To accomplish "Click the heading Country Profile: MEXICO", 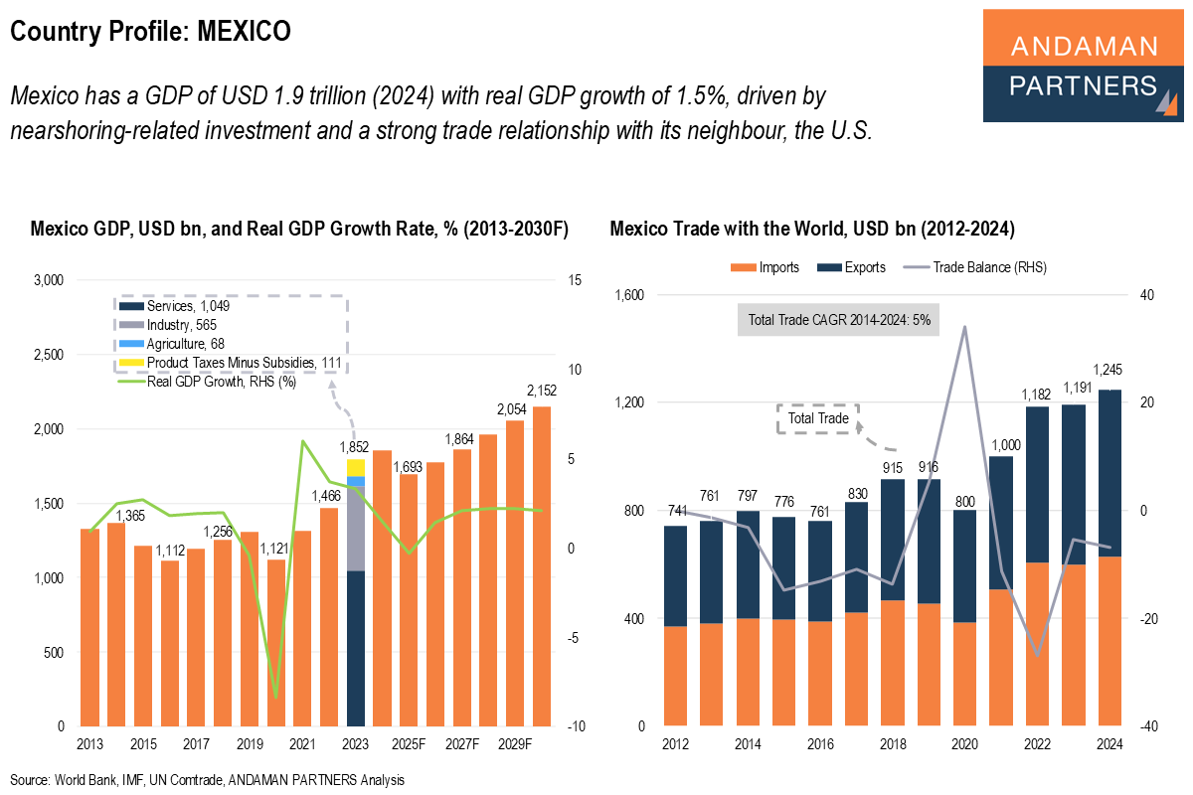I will (150, 32).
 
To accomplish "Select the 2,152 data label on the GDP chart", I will (543, 392).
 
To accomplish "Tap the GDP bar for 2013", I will (89, 627).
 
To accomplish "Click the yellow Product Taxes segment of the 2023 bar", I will (356, 467).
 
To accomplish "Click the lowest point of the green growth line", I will (275, 697).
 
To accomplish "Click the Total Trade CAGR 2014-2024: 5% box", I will (838, 320).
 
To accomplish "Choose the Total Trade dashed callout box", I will (817, 418).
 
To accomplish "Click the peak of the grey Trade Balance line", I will (964, 327).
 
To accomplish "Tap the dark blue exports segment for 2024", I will (1109, 473).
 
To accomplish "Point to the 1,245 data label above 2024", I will (1109, 371).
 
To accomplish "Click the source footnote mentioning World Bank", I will (208, 780).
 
